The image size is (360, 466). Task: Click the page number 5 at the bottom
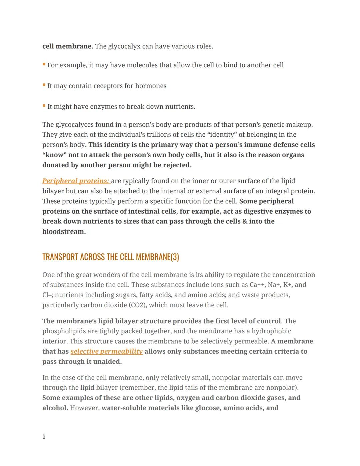(44, 436)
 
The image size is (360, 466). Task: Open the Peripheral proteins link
(76, 181)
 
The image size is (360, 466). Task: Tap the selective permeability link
(107, 351)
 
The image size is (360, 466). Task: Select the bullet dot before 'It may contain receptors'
(44, 85)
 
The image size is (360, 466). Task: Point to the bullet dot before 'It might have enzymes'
(44, 106)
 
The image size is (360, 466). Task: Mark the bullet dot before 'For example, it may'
(44, 64)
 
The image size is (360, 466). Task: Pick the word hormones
(151, 86)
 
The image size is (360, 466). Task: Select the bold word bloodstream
(64, 232)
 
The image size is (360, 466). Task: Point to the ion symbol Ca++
(257, 285)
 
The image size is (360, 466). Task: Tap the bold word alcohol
(55, 408)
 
